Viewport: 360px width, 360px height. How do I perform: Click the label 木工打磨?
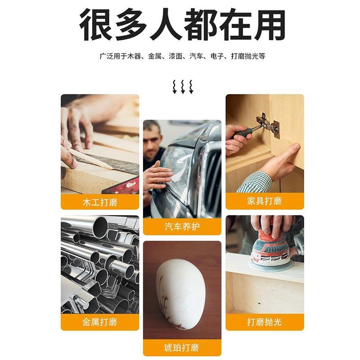pyautogui.click(x=100, y=202)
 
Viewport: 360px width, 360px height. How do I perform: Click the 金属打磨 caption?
pyautogui.click(x=100, y=322)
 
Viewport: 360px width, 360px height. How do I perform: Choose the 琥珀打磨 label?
pyautogui.click(x=182, y=348)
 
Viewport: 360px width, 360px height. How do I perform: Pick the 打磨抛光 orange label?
pyautogui.click(x=265, y=322)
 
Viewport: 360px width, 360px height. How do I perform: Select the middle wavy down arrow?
pyautogui.click(x=183, y=86)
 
